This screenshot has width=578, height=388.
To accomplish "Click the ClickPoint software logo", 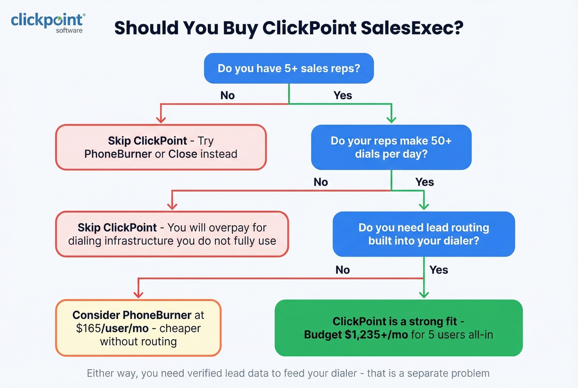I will pos(48,22).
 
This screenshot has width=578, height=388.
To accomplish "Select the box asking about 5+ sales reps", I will pos(289,68).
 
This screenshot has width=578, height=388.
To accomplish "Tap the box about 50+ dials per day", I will pos(391,147).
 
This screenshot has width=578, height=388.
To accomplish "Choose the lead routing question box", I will pos(424,234).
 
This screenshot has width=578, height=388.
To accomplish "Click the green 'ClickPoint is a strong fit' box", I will pos(398,328).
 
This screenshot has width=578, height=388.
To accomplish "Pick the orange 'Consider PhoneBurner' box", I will pos(138,328).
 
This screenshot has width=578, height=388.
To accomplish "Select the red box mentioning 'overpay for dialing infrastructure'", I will pos(172,234).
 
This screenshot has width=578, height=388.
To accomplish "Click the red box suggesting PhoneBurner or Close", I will pos(161,147).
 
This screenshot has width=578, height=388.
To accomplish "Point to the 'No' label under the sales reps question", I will pos(227,95).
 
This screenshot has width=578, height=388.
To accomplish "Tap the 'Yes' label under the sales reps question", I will pos(343,95).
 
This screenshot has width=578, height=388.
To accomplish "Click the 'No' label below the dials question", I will pos(321,182).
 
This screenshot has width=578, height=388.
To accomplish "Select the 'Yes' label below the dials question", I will pos(424,182).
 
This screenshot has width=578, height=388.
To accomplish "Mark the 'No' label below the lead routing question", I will pos(343,270).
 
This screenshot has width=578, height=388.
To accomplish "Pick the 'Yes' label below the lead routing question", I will pos(438,270).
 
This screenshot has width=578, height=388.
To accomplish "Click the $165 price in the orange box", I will pos(88,328).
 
